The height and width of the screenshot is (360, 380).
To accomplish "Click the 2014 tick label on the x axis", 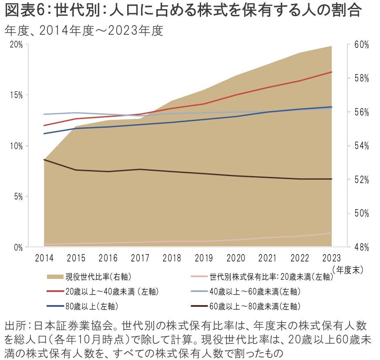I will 44,258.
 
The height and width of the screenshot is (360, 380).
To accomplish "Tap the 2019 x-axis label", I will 204,258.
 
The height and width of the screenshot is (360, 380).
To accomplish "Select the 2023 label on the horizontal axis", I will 332,258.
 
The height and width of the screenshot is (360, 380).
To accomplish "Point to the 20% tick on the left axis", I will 17,44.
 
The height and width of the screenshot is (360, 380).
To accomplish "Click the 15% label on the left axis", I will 17,95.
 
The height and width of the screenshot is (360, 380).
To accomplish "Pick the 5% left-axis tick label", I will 18,197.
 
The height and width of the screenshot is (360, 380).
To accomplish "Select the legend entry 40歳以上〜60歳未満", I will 255,291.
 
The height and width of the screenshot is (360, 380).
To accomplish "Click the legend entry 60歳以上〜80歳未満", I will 255,305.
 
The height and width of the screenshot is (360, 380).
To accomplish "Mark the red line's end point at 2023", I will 332,72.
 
